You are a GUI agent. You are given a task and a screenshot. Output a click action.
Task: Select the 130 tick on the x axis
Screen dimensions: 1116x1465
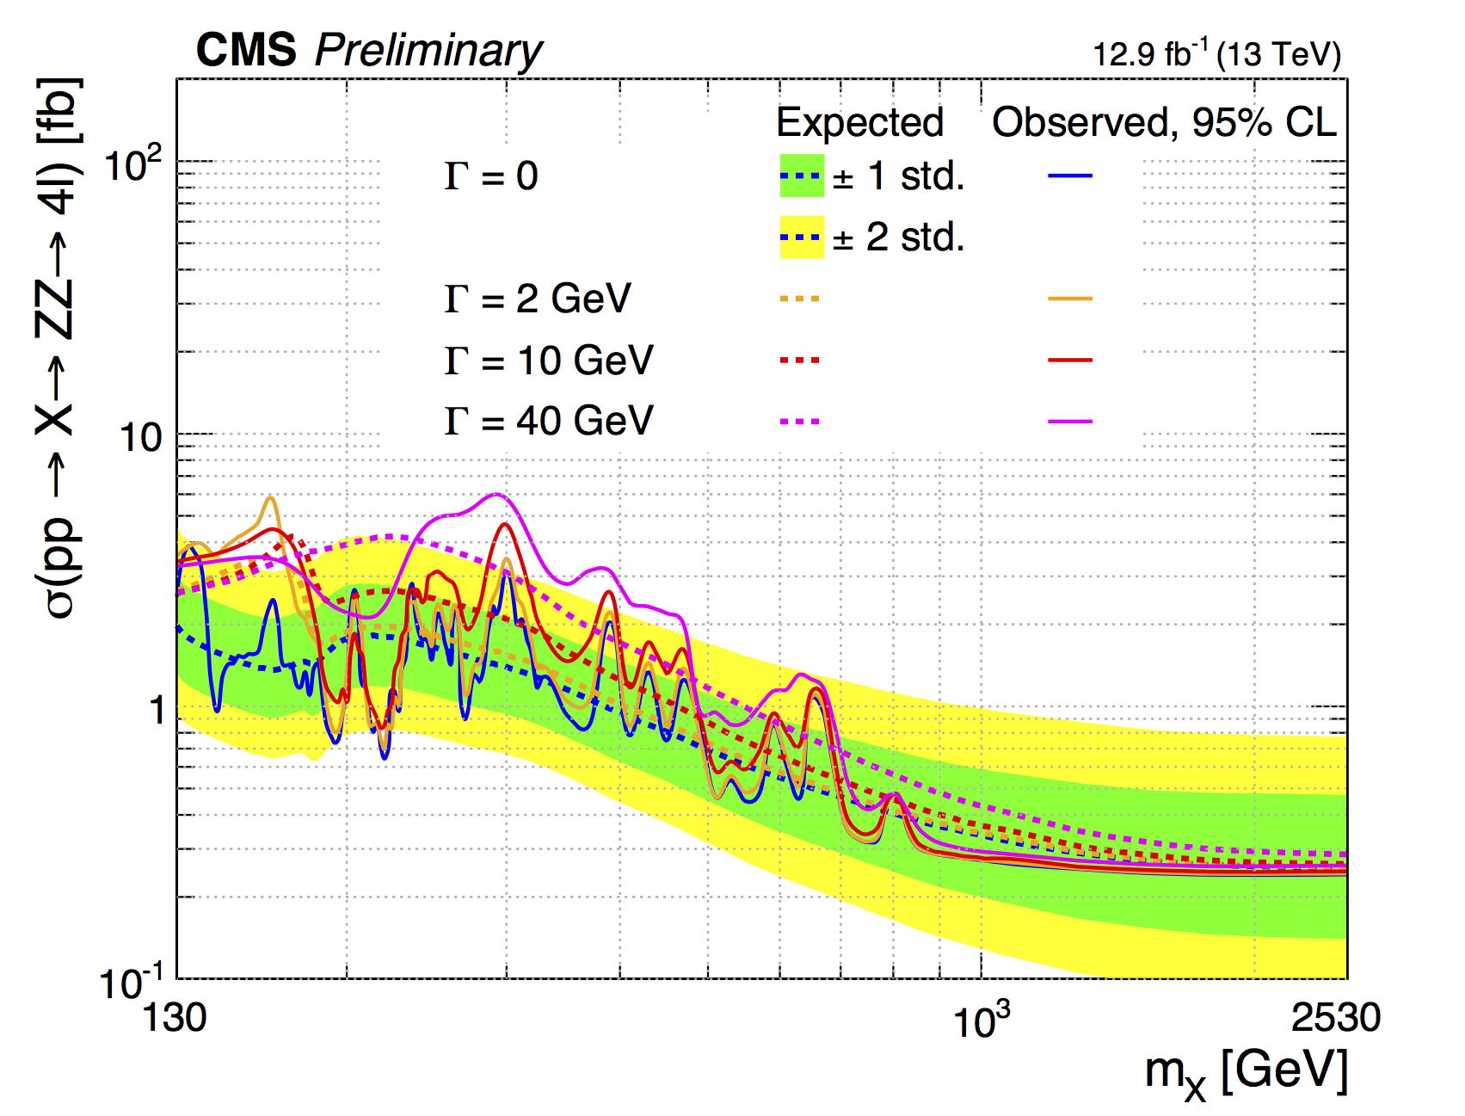click(175, 1018)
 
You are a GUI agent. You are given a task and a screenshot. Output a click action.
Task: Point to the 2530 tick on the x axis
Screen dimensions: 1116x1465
click(1335, 1018)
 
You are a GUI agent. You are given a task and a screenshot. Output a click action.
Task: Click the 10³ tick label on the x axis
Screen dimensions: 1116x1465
click(981, 1020)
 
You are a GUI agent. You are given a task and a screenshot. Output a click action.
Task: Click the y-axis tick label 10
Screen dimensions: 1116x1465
click(140, 438)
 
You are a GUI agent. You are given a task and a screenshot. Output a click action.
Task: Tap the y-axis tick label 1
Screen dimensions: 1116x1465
click(156, 711)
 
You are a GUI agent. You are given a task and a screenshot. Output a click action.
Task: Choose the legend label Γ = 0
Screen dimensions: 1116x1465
click(491, 176)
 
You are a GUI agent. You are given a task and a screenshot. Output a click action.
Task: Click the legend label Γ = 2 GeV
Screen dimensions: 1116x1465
click(538, 299)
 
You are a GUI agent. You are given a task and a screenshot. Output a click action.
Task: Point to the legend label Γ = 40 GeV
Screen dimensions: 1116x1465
click(549, 421)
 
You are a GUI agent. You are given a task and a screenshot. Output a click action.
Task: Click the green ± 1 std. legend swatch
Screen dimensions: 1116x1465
click(802, 176)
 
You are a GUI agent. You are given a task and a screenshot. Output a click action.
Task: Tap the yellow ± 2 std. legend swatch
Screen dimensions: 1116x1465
click(802, 237)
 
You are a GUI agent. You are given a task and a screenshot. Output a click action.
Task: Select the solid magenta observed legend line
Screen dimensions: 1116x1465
click(1070, 422)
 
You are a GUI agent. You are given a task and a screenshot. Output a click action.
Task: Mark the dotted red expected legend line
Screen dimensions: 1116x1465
click(800, 360)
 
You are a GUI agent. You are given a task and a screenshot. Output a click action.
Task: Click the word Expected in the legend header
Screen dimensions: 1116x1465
click(859, 122)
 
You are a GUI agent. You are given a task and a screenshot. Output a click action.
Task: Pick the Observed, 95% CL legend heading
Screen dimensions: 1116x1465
click(1164, 122)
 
